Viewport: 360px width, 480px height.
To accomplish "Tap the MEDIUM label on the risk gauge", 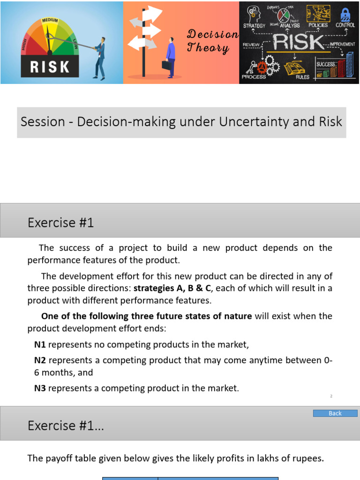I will coord(50,21).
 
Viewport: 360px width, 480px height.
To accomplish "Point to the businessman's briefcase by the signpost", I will coord(166,65).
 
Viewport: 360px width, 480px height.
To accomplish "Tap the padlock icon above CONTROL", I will coord(346,13).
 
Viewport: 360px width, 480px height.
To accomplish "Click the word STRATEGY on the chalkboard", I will coord(254,25).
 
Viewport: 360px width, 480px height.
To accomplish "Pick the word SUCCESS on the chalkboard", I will coord(326,64).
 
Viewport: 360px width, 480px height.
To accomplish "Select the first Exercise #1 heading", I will coord(61,223).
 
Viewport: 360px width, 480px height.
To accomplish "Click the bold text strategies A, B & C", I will coord(172,288).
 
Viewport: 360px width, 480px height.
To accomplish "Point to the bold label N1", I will coord(40,345).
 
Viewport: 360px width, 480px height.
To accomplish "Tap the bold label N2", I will coord(40,360).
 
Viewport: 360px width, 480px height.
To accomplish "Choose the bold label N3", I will coord(40,388).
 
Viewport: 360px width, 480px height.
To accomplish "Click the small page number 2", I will coord(331,396).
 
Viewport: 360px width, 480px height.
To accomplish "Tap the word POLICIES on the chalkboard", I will coord(318,25).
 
